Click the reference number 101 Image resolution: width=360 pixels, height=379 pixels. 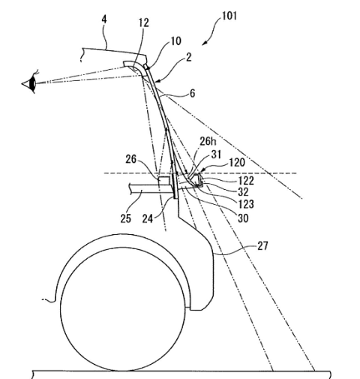pos(229,16)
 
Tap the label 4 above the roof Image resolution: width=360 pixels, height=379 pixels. pos(104,20)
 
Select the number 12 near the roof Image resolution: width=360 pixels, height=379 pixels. pos(144,23)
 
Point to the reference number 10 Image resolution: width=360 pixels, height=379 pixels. pos(175,41)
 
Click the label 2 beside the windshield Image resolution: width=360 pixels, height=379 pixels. pos(189,57)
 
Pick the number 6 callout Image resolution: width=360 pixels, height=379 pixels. pos(192,94)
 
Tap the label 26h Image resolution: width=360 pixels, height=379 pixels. pos(208,141)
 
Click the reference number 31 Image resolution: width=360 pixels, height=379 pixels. pos(216,155)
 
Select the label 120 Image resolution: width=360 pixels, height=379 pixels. pos(236,163)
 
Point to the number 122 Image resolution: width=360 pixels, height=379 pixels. pos(246,181)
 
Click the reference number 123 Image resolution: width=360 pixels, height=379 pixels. pos(246,204)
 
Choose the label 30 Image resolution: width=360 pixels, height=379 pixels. pos(243,218)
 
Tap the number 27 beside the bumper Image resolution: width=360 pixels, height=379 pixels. pos(262,246)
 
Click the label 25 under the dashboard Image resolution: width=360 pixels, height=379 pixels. pos(126,218)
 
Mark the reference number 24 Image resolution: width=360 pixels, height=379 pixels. pos(148,218)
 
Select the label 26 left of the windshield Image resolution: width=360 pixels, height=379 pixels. pos(131,159)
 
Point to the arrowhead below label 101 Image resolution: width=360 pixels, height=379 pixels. pos(204,44)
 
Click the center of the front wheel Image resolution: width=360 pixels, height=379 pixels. pos(123,309)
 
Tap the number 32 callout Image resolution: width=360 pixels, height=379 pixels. pos(243,192)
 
